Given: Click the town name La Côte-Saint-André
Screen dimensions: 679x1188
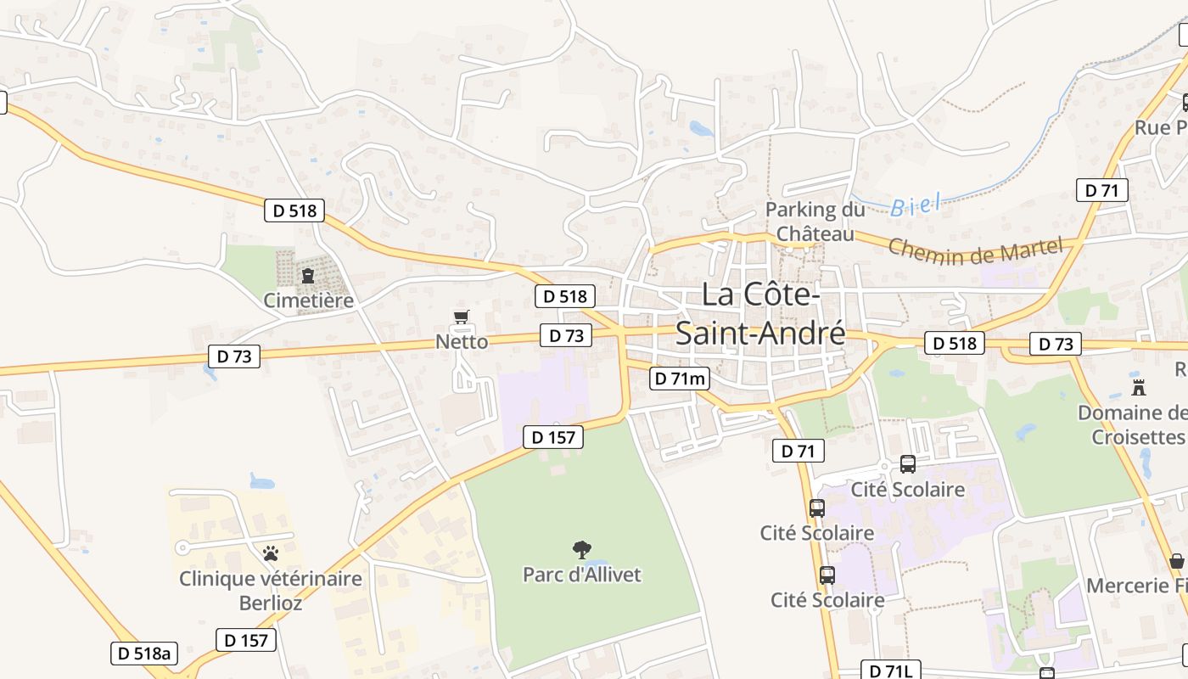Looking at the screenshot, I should (760, 313).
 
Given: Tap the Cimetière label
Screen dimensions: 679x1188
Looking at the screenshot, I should (308, 300).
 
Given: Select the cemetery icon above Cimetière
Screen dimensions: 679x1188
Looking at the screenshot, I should (308, 276).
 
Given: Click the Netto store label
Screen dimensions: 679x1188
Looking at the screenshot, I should (462, 341).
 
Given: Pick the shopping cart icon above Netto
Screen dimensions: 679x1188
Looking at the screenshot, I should (461, 317).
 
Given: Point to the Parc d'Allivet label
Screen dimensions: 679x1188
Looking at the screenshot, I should (582, 575).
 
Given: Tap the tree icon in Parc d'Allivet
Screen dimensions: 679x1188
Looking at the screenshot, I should (582, 550).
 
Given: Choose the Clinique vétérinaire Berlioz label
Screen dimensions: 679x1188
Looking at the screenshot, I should (270, 591).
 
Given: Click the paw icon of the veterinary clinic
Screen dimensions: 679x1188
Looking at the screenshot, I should (271, 553).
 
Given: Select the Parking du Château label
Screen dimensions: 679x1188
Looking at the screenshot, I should (815, 221).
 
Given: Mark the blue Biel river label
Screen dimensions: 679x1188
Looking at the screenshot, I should (916, 205).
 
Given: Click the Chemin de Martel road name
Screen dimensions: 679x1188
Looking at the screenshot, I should (975, 250).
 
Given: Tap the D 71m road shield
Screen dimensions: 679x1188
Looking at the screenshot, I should (680, 379).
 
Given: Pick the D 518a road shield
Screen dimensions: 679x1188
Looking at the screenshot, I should (144, 653).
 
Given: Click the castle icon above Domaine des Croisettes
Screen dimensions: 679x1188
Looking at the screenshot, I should (1139, 388).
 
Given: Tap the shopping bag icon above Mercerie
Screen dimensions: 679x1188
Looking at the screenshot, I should (1176, 561).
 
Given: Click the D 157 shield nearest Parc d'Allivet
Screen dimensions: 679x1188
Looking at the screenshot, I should (553, 437).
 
